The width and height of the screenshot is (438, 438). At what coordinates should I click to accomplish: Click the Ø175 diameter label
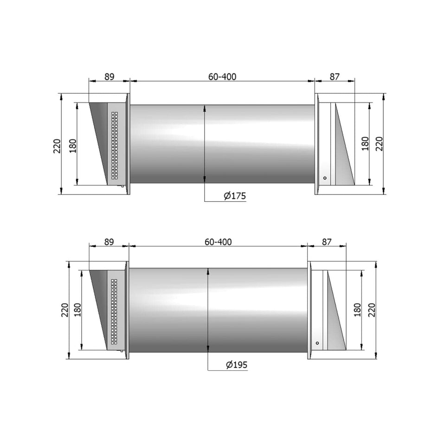click(x=234, y=196)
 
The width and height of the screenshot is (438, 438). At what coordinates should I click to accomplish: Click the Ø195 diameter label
click(x=237, y=365)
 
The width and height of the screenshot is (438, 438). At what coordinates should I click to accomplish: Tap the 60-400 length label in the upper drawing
click(x=222, y=77)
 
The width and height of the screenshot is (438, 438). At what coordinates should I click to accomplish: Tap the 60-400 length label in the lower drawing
click(x=218, y=242)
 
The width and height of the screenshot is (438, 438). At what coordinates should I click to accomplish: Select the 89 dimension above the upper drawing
click(x=109, y=77)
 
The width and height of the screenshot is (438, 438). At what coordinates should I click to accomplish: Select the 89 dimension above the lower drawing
click(x=109, y=242)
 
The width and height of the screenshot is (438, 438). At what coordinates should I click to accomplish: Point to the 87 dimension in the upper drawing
click(x=335, y=77)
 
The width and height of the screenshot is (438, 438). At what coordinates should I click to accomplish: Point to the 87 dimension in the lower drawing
click(x=327, y=242)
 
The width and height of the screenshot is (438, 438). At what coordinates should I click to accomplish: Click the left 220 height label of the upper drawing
click(x=57, y=147)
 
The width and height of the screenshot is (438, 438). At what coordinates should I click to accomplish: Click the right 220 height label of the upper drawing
click(x=379, y=144)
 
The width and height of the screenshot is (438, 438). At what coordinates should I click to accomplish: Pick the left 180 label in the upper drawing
click(x=73, y=145)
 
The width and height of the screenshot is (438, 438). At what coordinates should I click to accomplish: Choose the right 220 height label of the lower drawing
click(x=372, y=309)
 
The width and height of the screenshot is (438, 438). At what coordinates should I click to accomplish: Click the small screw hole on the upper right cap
click(x=325, y=178)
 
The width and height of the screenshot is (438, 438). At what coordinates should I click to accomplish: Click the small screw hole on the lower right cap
click(x=317, y=343)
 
